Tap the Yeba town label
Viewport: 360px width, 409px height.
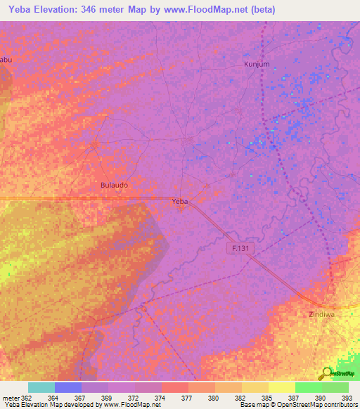181,201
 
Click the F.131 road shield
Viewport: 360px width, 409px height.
240,249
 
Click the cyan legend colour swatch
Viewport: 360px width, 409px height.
41,387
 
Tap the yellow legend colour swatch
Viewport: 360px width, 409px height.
281,387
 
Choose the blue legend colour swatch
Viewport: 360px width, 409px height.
67,387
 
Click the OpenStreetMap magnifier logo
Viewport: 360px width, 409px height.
327,372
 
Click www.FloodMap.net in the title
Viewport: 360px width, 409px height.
210,10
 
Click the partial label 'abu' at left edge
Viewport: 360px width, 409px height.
6,60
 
